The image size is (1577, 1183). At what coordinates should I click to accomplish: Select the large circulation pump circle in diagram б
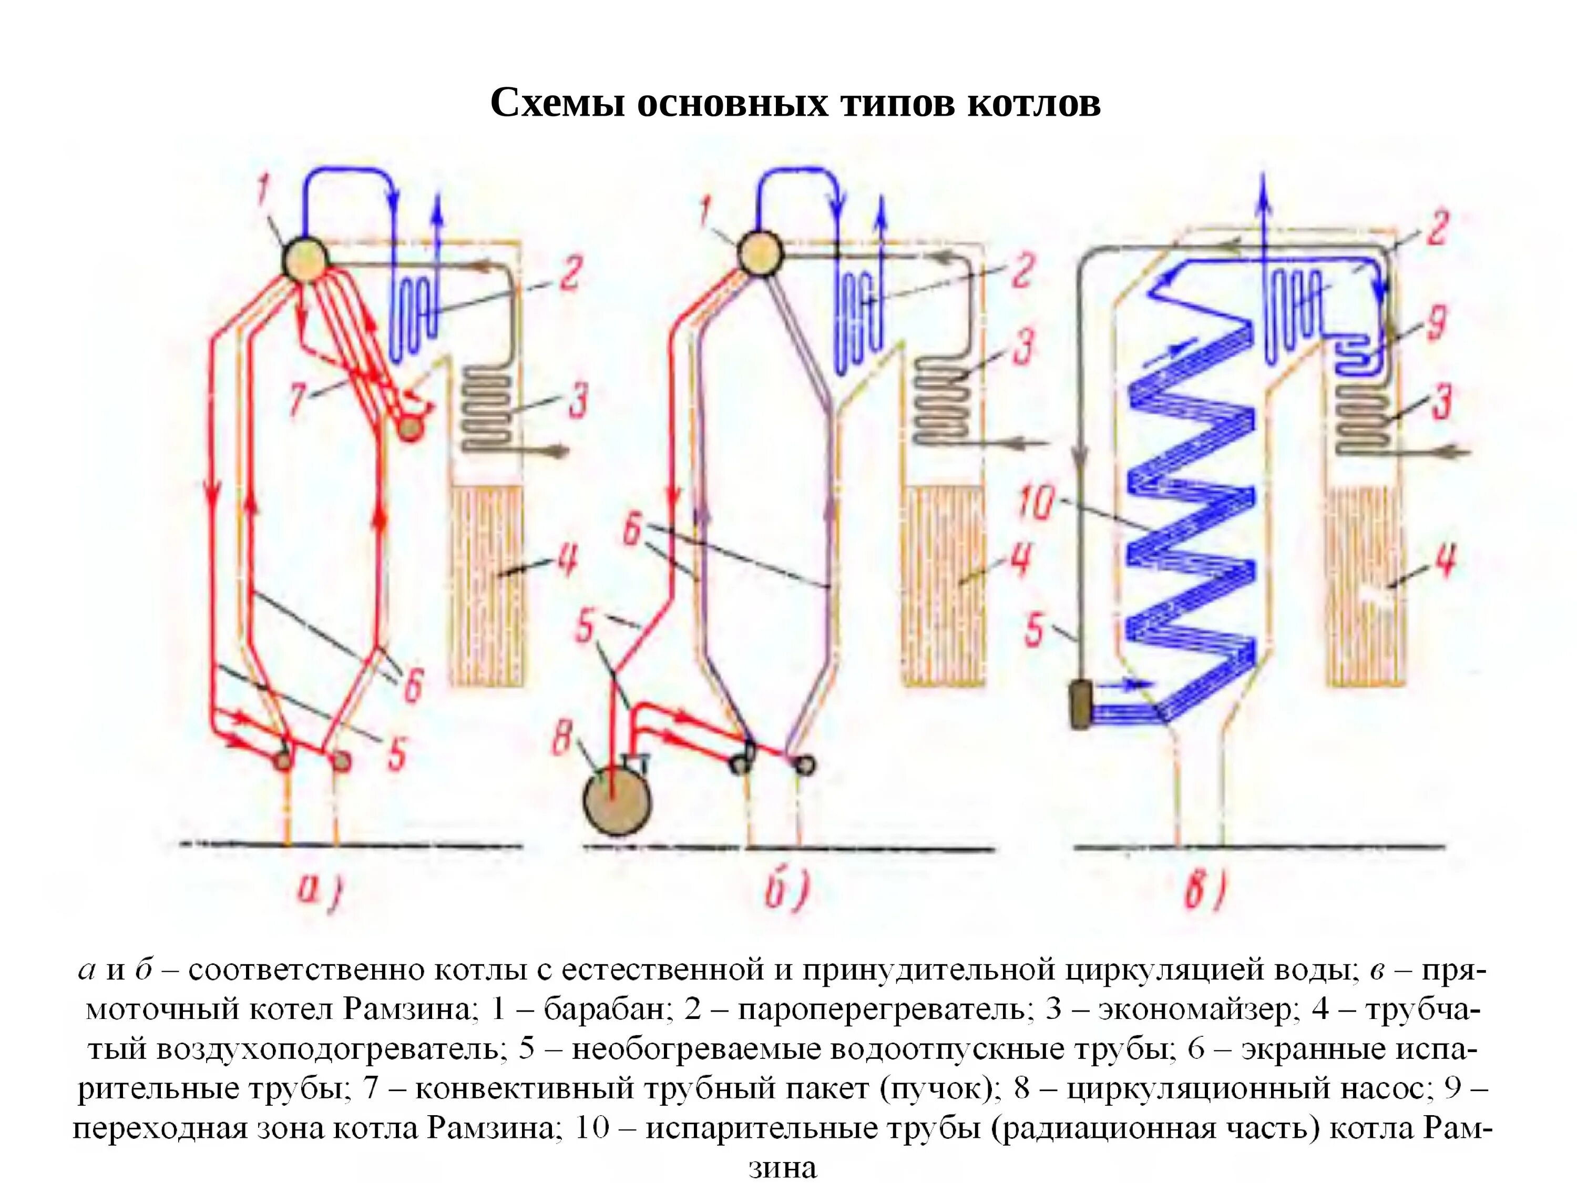618,799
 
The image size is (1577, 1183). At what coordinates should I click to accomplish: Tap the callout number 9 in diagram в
1435,322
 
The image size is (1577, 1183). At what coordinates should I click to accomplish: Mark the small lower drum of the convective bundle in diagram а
410,429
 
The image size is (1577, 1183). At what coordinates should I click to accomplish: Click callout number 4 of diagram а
567,560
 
